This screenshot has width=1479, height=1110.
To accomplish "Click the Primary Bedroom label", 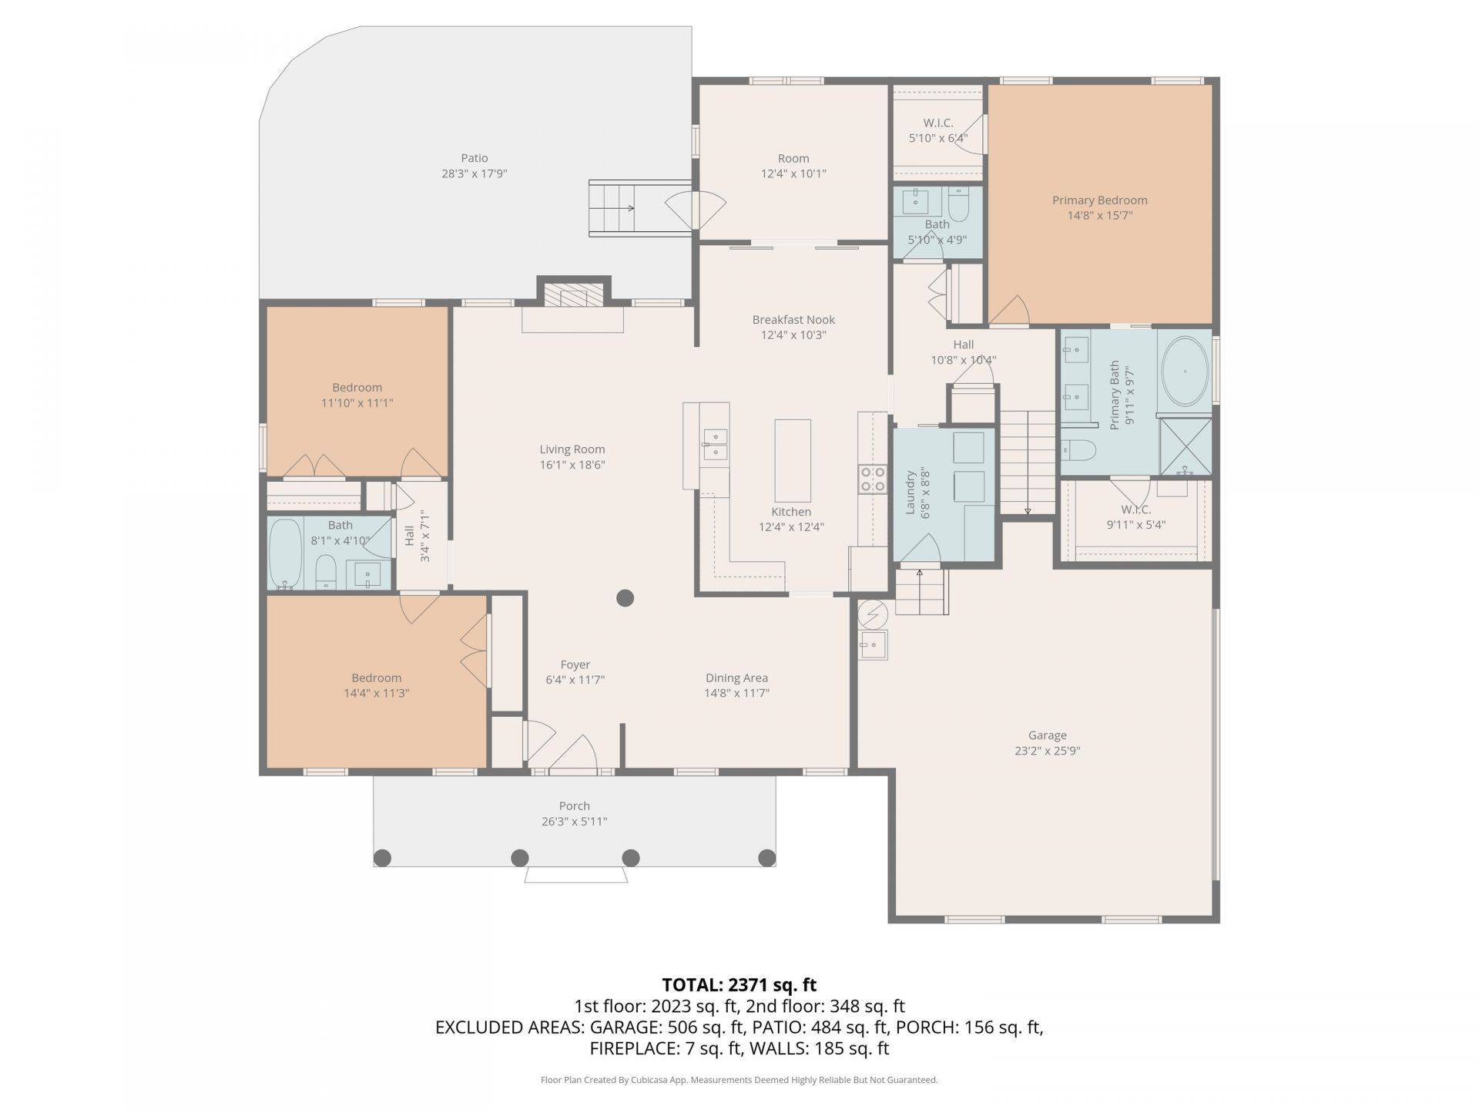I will (1099, 200).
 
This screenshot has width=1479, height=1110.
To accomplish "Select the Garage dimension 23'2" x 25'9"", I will (1047, 751).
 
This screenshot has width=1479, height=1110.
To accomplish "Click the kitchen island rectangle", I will (792, 461).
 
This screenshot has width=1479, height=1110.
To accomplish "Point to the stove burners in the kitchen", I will (873, 478).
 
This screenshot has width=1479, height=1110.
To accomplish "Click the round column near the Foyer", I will (625, 597).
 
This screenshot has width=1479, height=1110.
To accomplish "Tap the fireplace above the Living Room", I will (573, 296).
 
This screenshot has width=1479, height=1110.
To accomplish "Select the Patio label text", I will (475, 158).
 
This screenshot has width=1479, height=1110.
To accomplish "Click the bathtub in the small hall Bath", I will (286, 553).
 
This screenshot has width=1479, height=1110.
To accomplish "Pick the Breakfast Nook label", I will (793, 319).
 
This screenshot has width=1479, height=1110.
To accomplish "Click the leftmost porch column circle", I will (382, 857).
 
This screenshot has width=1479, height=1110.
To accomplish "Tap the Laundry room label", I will (910, 493).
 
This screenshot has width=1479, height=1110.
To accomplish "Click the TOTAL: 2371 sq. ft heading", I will (739, 984).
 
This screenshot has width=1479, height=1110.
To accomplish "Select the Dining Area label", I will (736, 678).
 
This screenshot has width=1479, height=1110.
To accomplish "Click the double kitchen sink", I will (716, 445).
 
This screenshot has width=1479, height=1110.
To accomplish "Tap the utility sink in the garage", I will (874, 644).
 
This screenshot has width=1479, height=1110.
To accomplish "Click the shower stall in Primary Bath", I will (1186, 446).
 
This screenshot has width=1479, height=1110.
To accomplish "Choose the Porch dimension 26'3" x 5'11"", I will (574, 822).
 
